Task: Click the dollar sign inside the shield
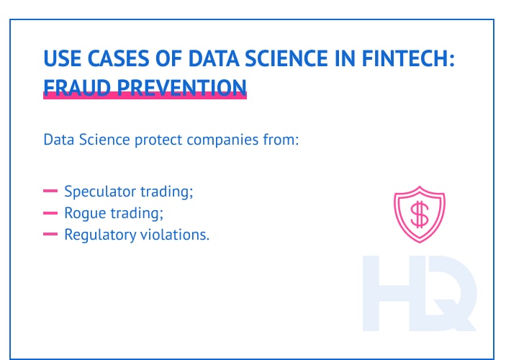[x=420, y=213]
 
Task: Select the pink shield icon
[x=420, y=214]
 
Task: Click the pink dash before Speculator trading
[x=50, y=192]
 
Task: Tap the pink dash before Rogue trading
[x=50, y=213]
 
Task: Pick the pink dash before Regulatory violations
[x=50, y=235]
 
